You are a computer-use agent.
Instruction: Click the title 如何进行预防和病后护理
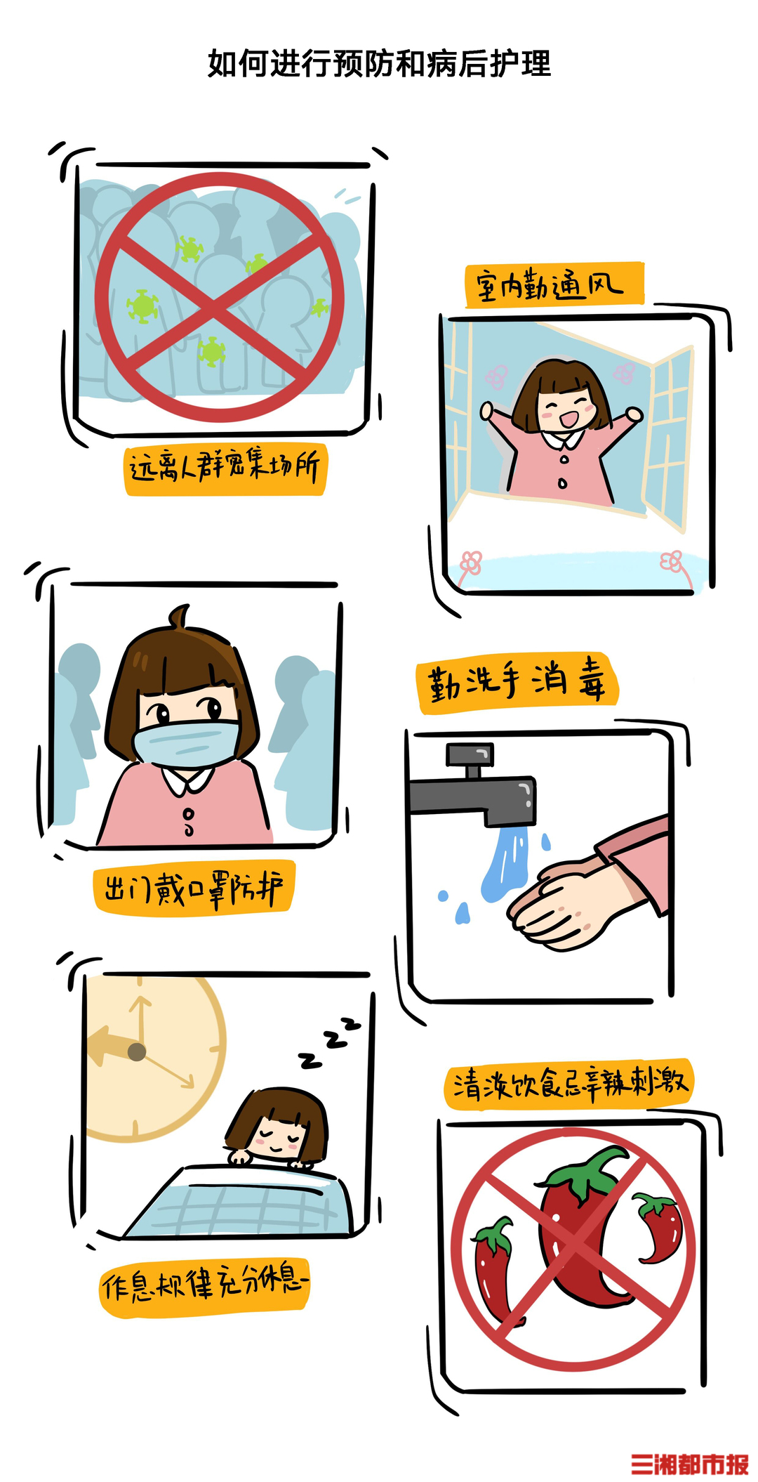(x=379, y=64)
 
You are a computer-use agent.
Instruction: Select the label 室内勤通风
(x=554, y=284)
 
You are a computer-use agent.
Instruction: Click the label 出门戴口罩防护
(x=194, y=888)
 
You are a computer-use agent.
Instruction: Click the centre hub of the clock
(x=136, y=1051)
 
